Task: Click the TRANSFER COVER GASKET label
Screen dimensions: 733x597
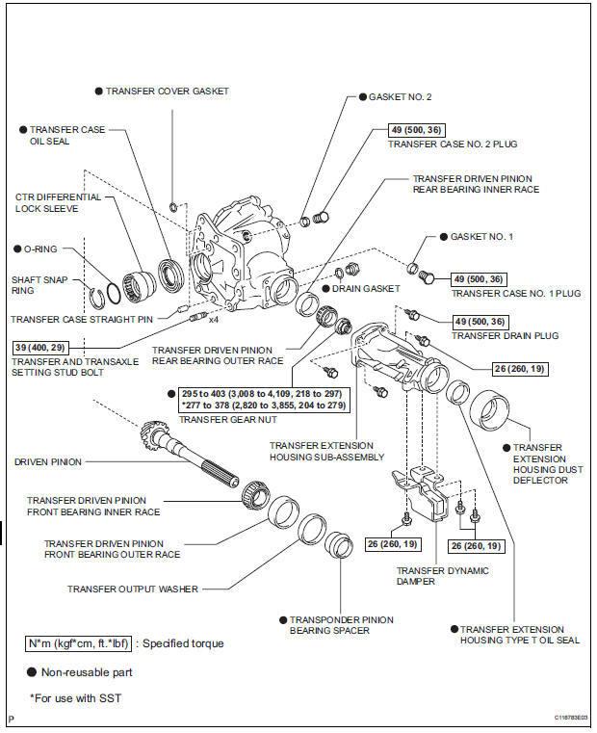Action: click(168, 91)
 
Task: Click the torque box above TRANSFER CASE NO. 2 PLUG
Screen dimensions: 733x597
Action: click(418, 130)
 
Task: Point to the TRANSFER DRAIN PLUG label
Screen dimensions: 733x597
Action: click(492, 335)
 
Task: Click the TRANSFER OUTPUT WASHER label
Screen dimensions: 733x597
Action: click(132, 589)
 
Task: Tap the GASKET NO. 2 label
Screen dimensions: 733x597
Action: click(401, 97)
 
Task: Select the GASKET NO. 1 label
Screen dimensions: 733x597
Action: click(482, 236)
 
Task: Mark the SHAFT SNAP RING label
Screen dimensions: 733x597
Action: click(35, 285)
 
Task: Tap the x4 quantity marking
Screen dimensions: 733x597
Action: click(215, 318)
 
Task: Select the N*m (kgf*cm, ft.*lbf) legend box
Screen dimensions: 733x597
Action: click(79, 643)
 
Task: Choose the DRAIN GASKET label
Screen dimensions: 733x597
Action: click(365, 288)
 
